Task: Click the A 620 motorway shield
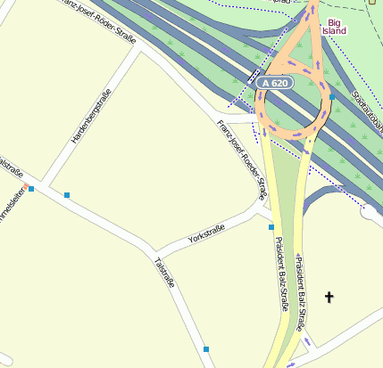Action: tap(277, 83)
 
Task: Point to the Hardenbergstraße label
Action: tap(89, 119)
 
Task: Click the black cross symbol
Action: tap(329, 297)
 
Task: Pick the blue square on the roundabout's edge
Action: tap(331, 97)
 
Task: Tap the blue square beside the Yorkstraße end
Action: tap(271, 227)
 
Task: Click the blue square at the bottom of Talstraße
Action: tap(206, 348)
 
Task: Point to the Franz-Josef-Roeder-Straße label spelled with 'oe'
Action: tap(242, 159)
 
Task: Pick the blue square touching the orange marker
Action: tap(31, 189)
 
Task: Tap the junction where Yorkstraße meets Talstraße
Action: tap(153, 251)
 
